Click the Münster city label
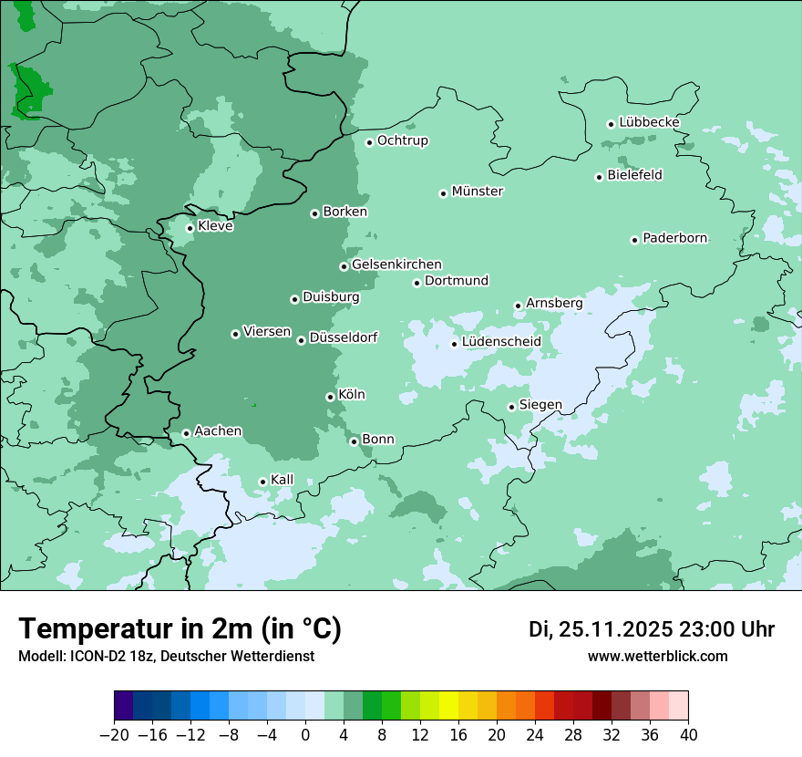pos(478,192)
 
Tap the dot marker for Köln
pos(330,397)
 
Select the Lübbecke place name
pos(649,122)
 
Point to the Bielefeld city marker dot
pos(600,177)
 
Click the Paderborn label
pos(674,238)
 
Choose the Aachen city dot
pos(186,433)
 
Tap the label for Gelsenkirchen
pos(396,264)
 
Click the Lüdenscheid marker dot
pos(454,344)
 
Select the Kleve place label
pos(215,226)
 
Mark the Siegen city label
pos(540,405)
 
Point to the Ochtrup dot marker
pos(369,142)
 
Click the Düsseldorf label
pos(344,337)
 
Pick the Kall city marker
pos(262,482)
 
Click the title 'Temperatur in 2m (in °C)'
pos(180,628)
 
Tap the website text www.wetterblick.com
pos(657,656)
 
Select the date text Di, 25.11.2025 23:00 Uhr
pos(652,629)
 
